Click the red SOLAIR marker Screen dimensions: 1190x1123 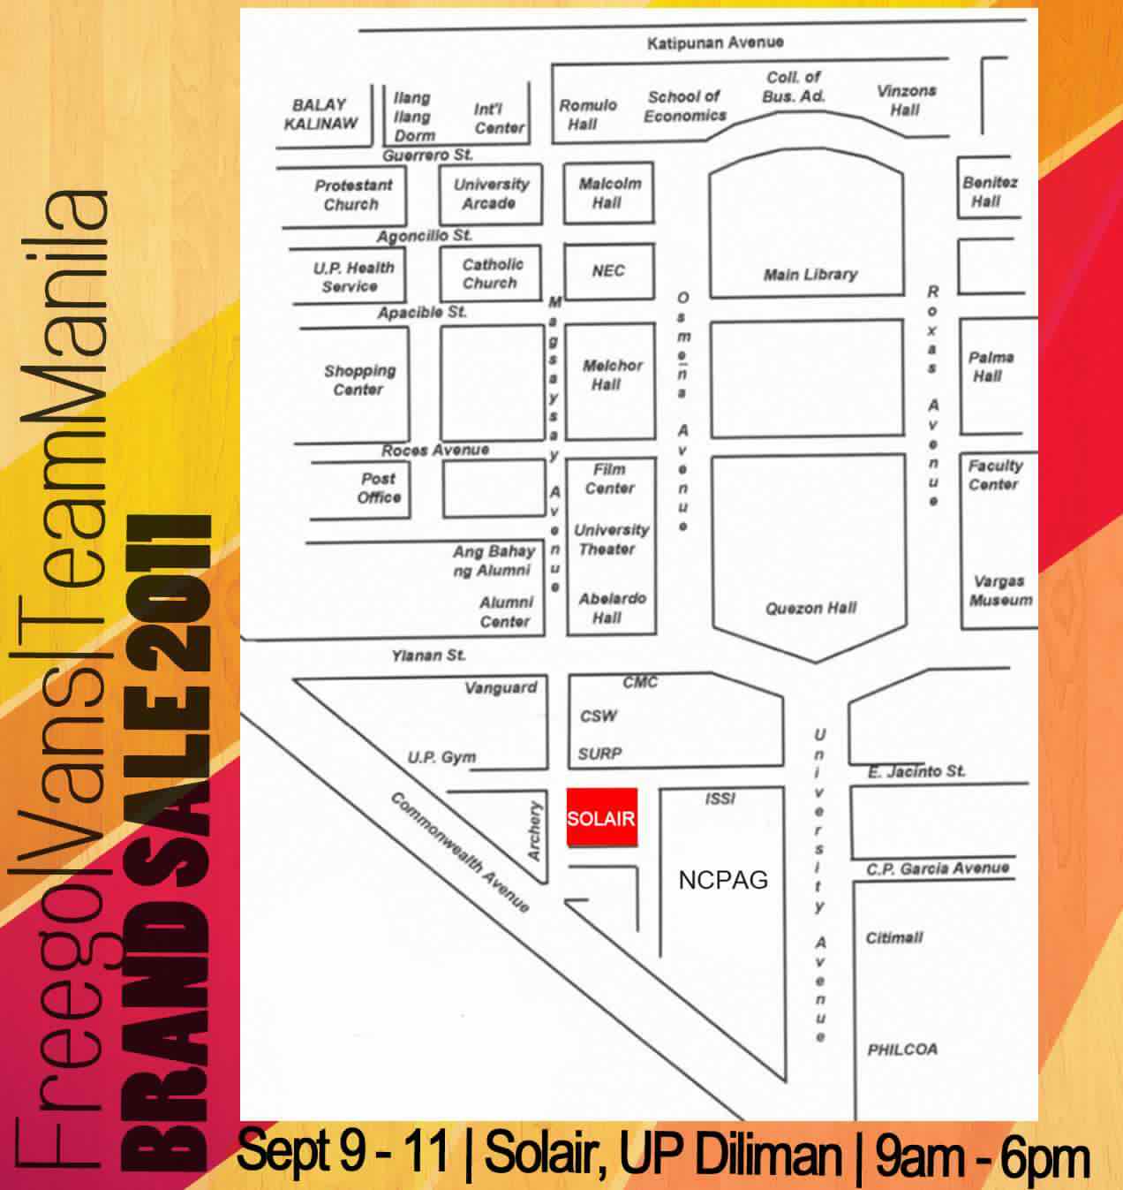601,817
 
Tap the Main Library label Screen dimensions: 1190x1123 810,274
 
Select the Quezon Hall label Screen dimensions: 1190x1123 810,608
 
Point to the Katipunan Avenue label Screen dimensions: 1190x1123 714,42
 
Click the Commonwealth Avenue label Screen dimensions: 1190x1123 460,853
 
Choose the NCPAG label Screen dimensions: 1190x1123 723,879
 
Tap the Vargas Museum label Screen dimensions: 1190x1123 999,591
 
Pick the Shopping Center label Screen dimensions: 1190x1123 358,380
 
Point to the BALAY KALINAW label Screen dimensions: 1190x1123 320,114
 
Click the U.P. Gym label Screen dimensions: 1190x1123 441,757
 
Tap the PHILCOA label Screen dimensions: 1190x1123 902,1050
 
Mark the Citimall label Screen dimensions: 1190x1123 894,937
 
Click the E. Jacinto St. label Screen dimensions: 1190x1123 916,771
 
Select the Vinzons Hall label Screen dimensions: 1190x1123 906,101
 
